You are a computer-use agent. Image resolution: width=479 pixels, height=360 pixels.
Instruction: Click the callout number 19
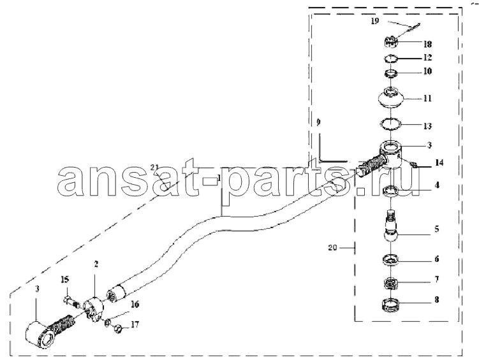[375, 22]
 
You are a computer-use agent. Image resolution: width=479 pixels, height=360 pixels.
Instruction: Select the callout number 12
[427, 57]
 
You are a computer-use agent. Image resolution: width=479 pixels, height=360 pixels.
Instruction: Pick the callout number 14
[439, 163]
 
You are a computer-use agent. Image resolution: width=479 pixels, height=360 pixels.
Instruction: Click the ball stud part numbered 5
[390, 226]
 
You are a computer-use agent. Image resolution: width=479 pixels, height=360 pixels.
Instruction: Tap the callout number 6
[437, 259]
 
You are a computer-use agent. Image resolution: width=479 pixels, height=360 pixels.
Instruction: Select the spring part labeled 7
[390, 283]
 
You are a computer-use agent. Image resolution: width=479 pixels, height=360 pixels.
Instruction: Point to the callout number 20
[332, 248]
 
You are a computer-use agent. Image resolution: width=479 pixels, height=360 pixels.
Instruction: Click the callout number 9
[319, 122]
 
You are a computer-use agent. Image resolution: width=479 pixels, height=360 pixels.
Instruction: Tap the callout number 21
[154, 167]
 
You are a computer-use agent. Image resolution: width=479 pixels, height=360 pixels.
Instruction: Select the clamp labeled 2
[94, 308]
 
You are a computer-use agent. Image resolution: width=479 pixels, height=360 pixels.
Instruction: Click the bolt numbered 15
[72, 303]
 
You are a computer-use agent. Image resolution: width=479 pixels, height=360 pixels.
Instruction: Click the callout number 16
[135, 304]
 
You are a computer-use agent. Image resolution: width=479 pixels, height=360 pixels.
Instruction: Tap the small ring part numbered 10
[390, 73]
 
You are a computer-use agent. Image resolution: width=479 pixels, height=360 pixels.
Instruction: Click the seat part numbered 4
[390, 191]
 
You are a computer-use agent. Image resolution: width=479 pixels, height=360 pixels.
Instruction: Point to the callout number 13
[427, 126]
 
